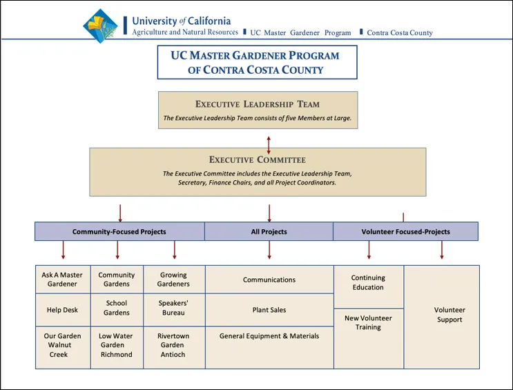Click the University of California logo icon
coord(100,26)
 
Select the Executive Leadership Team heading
coord(258,104)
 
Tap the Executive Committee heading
coord(258,159)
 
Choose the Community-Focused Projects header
coord(119,232)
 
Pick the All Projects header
coord(269,232)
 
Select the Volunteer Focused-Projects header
coord(405,232)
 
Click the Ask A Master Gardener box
coord(62,280)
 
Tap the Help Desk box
coord(62,310)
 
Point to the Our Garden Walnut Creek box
coord(62,345)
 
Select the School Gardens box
coord(117,308)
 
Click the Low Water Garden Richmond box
coord(117,345)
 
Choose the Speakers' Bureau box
coord(174,308)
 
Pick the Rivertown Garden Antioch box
coord(174,345)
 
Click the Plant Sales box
coord(269,310)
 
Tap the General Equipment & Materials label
coord(269,336)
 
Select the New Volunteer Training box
coord(368,322)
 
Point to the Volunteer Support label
coord(449,315)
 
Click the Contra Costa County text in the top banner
coord(400,32)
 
